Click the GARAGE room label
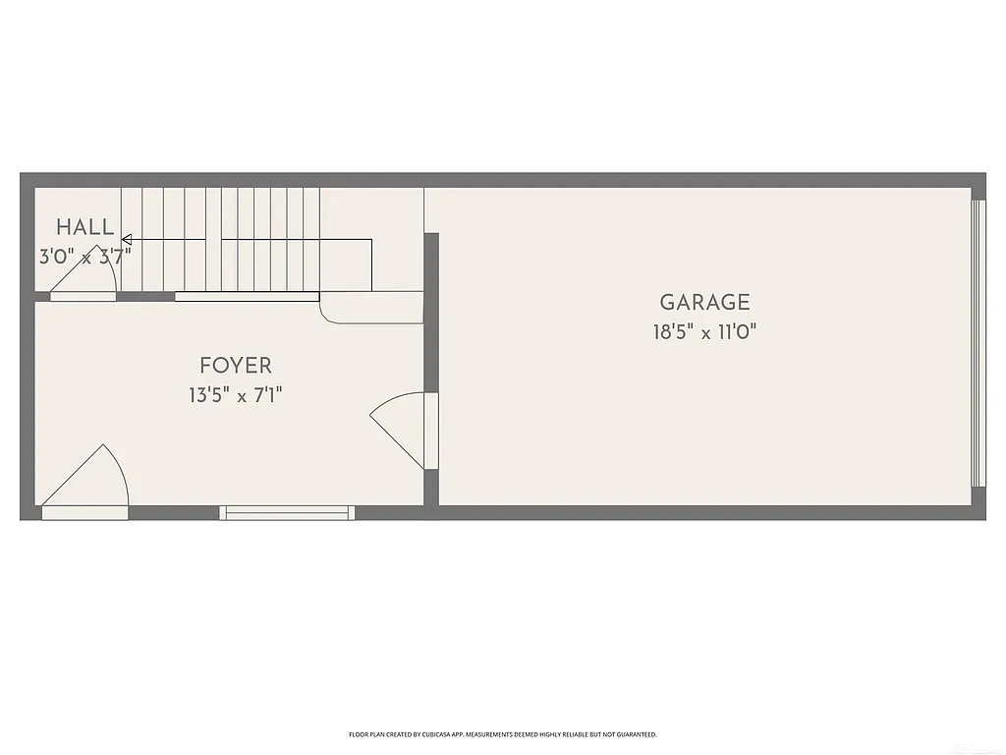click(x=704, y=303)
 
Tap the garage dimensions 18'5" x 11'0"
click(x=704, y=332)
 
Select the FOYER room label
click(x=235, y=367)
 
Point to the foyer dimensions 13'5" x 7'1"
click(x=235, y=396)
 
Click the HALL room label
click(x=84, y=227)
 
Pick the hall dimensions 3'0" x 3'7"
click(x=84, y=257)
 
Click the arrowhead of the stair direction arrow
click(x=126, y=239)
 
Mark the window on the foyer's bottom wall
click(x=287, y=512)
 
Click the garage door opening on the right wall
click(x=978, y=343)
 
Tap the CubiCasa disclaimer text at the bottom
click(x=502, y=734)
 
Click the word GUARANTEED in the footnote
click(x=635, y=734)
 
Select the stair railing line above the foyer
click(x=247, y=296)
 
